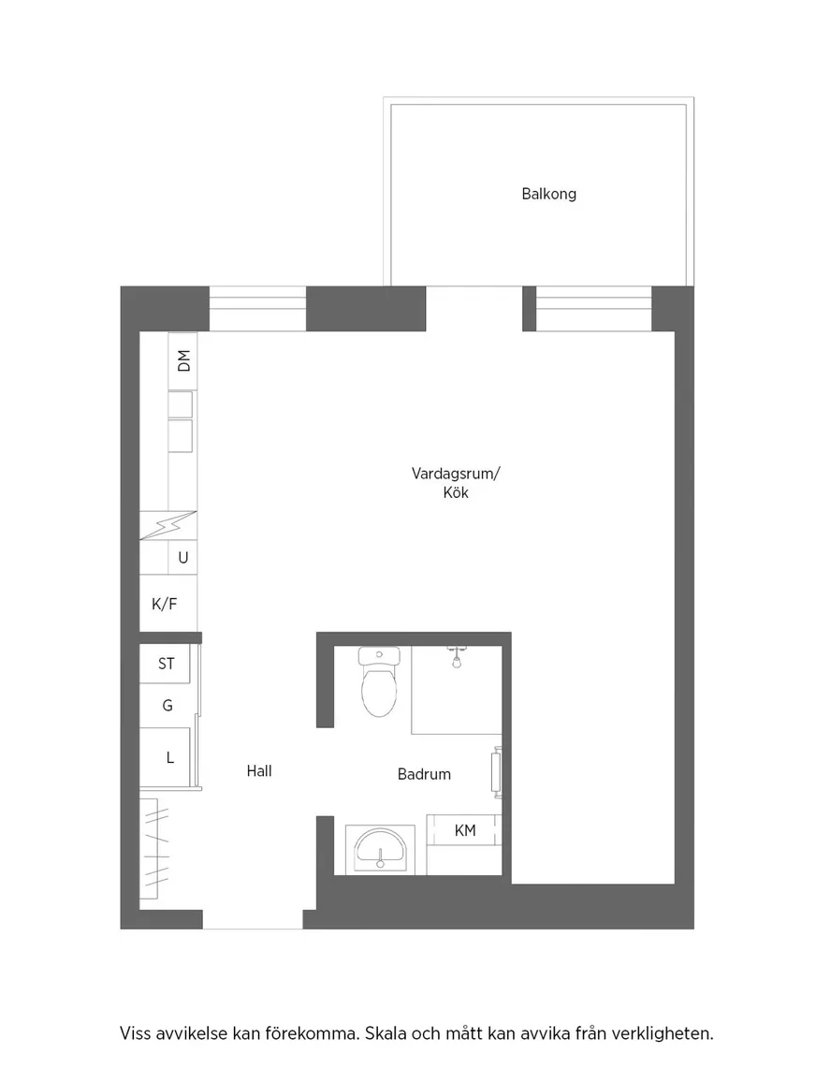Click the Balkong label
(548, 194)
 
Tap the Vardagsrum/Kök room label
(455, 482)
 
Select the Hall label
(259, 770)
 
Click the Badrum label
(424, 774)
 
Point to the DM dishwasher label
(183, 360)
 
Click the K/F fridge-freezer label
(164, 604)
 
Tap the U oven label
(182, 558)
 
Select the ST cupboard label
(167, 664)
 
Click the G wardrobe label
(168, 706)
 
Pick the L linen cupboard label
(169, 757)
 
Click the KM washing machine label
(464, 830)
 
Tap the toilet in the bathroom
(379, 681)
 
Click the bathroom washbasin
(379, 849)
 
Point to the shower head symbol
(457, 657)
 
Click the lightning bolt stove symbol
(168, 525)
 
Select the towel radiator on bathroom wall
(497, 772)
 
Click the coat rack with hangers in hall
(154, 849)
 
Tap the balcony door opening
(474, 309)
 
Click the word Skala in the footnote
(386, 1033)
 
